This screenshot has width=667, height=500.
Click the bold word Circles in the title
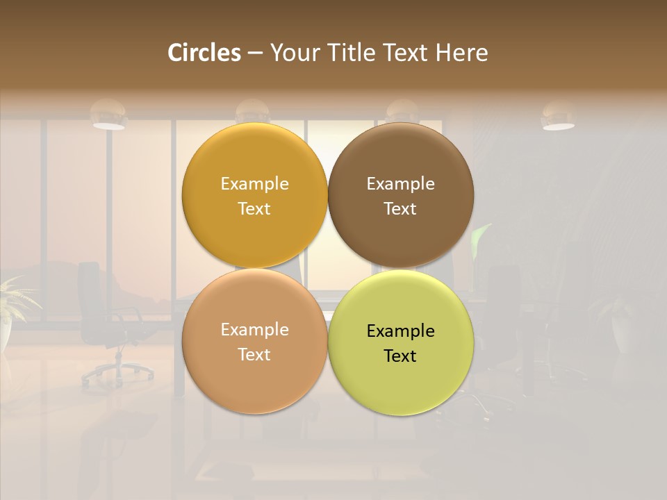[204, 53]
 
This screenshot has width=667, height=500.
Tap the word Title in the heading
[353, 53]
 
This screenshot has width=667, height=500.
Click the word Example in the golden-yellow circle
[254, 184]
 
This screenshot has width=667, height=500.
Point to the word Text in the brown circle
[400, 209]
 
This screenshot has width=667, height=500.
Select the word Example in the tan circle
[254, 330]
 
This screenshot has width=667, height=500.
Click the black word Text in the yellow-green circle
[400, 356]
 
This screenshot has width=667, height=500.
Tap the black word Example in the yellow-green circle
[400, 331]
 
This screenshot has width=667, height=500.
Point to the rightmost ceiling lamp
[558, 116]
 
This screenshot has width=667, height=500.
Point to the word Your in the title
[293, 53]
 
